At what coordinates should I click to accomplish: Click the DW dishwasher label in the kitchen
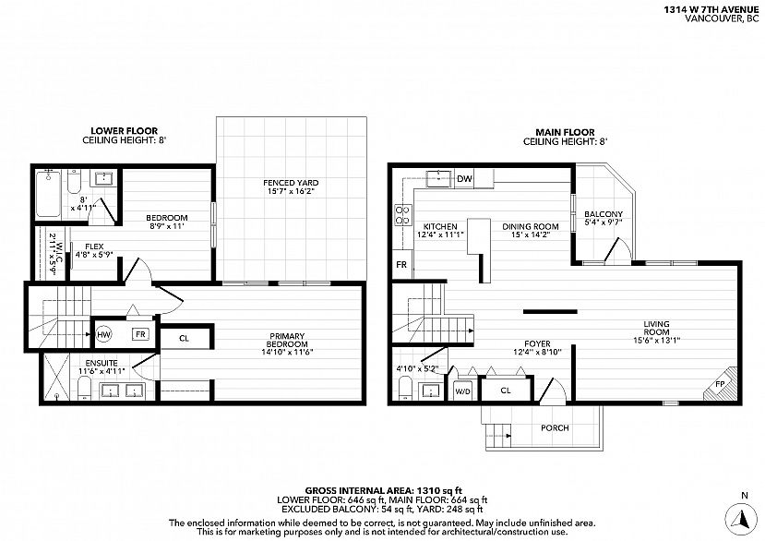(464, 179)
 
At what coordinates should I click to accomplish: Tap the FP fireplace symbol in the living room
(721, 384)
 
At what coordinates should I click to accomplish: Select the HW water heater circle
(103, 334)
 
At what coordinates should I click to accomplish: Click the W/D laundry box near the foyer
(463, 391)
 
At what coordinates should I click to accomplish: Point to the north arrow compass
(741, 518)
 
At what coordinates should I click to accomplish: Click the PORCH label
(555, 427)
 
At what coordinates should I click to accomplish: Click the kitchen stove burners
(402, 215)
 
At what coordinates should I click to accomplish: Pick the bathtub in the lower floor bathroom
(48, 193)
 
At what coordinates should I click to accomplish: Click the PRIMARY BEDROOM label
(287, 340)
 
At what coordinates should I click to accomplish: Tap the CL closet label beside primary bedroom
(184, 339)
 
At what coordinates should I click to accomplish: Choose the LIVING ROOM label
(656, 328)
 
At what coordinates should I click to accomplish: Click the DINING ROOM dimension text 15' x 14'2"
(530, 234)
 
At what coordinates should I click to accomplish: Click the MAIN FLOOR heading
(565, 132)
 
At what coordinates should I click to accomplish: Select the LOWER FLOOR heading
(125, 131)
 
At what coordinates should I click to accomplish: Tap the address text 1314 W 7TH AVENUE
(711, 9)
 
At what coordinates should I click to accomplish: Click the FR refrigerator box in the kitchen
(402, 265)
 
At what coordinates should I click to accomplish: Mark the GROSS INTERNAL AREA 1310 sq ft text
(384, 491)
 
